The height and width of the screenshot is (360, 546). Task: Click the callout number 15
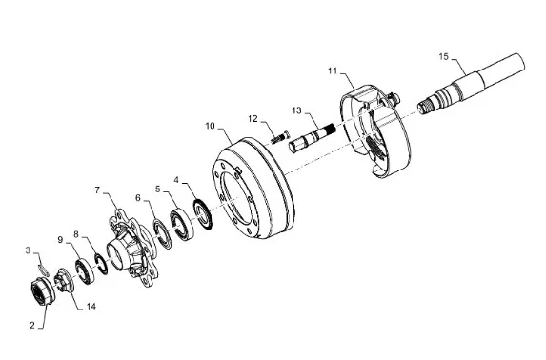pyautogui.click(x=444, y=56)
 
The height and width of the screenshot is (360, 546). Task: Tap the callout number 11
pyautogui.click(x=333, y=70)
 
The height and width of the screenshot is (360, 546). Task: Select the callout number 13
pyautogui.click(x=296, y=110)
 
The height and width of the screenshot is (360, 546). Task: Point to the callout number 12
pyautogui.click(x=253, y=119)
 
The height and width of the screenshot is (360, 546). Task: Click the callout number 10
pyautogui.click(x=211, y=126)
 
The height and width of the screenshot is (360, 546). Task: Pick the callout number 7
pyautogui.click(x=97, y=190)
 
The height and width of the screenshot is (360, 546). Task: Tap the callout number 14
pyautogui.click(x=91, y=307)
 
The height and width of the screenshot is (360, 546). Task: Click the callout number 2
pyautogui.click(x=32, y=325)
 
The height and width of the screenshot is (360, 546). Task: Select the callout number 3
pyautogui.click(x=29, y=250)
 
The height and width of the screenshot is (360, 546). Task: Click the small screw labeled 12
pyautogui.click(x=279, y=137)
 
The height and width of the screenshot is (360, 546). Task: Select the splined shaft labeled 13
pyautogui.click(x=312, y=137)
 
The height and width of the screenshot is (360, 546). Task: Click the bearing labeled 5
pyautogui.click(x=182, y=223)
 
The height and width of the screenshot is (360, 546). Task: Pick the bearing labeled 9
pyautogui.click(x=84, y=271)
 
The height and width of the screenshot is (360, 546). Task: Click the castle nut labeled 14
pyautogui.click(x=65, y=281)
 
